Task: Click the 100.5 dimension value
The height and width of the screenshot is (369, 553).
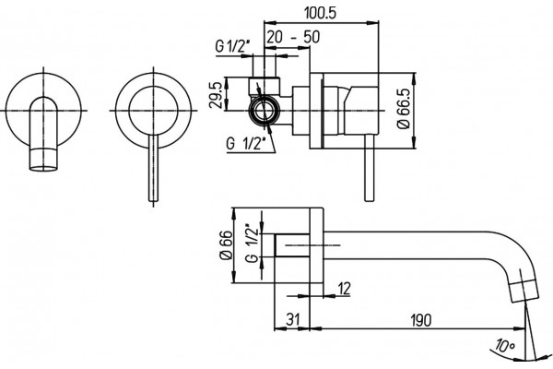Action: pos(320,13)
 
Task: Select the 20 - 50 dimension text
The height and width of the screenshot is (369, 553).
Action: pos(293,37)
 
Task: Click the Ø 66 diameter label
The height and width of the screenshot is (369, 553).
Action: pos(227,245)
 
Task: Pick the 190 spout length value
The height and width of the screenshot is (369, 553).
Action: pos(420,320)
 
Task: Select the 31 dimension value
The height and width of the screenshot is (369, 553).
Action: pos(293,319)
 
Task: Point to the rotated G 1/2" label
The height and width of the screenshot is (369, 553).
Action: pos(253,243)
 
